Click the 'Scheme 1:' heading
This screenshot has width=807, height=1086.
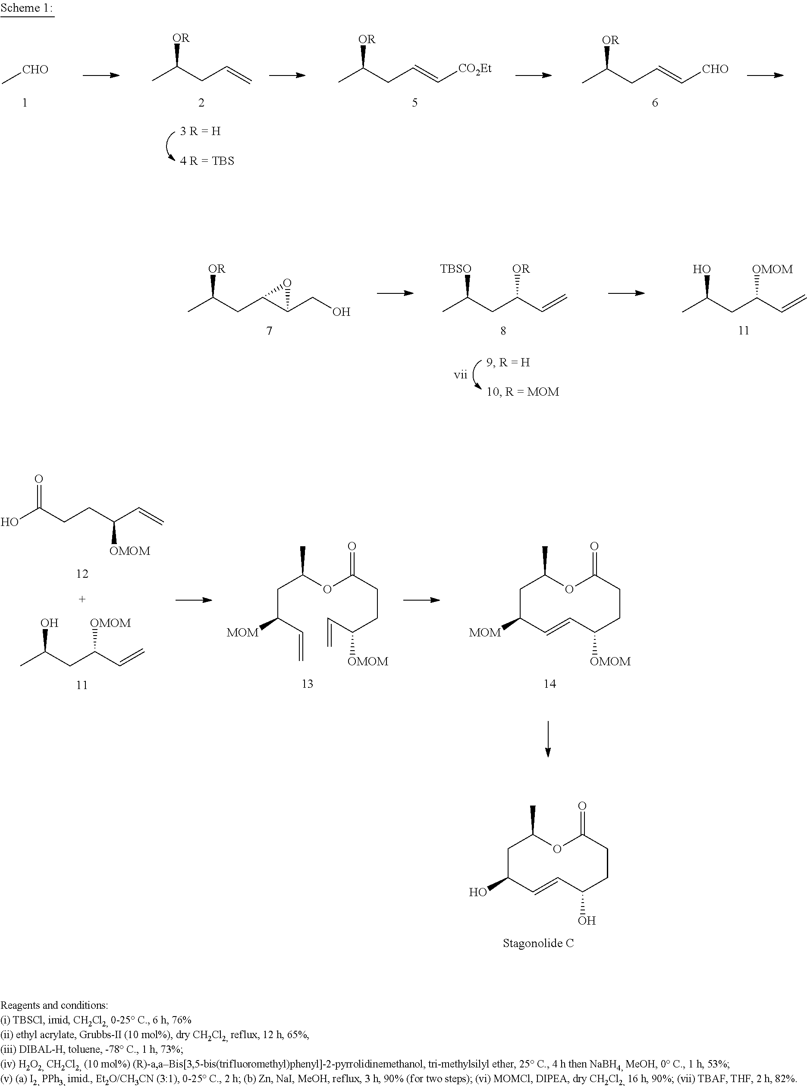click(x=27, y=8)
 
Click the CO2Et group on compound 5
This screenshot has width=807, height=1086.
click(x=475, y=69)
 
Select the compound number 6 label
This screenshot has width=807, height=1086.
click(x=655, y=102)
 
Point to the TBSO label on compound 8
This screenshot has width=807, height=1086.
click(x=455, y=269)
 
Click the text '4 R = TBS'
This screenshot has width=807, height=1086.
click(x=207, y=161)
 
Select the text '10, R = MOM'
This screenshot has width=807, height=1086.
click(x=522, y=392)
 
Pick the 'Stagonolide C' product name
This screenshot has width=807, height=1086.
click(x=538, y=943)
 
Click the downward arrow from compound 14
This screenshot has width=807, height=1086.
click(x=548, y=739)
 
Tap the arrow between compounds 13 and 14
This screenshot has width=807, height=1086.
click(x=421, y=600)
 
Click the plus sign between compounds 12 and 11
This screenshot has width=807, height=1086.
click(x=82, y=599)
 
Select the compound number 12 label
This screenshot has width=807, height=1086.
click(x=82, y=573)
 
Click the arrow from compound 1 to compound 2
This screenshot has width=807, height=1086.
click(x=101, y=75)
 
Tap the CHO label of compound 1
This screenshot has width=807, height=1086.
click(x=35, y=69)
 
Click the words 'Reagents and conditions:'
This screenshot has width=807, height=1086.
click(x=54, y=1005)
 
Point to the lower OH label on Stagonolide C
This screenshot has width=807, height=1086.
click(x=587, y=920)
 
